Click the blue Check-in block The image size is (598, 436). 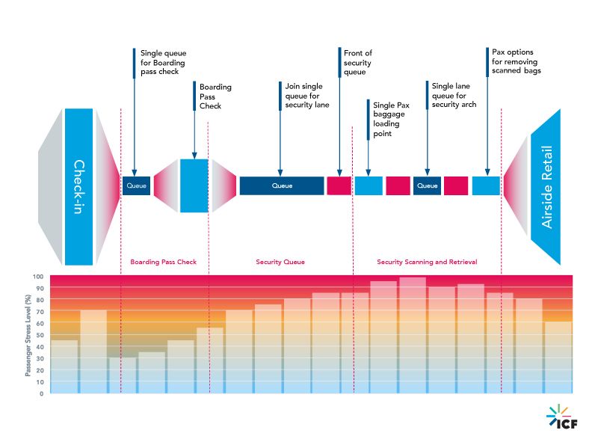click(x=78, y=187)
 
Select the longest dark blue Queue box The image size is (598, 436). click(x=282, y=185)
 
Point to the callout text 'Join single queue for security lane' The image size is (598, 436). click(x=306, y=96)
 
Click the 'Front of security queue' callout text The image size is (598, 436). click(x=358, y=64)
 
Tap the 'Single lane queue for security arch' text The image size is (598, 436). click(x=454, y=96)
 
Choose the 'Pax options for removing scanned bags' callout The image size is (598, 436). click(x=516, y=61)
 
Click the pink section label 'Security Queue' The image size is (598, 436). click(x=280, y=262)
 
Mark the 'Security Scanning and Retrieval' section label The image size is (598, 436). click(x=427, y=262)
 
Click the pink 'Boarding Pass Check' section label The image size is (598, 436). click(x=164, y=262)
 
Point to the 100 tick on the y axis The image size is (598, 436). click(x=37, y=277)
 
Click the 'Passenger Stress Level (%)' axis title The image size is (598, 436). click(x=28, y=335)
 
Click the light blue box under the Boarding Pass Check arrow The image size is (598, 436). click(x=194, y=185)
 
